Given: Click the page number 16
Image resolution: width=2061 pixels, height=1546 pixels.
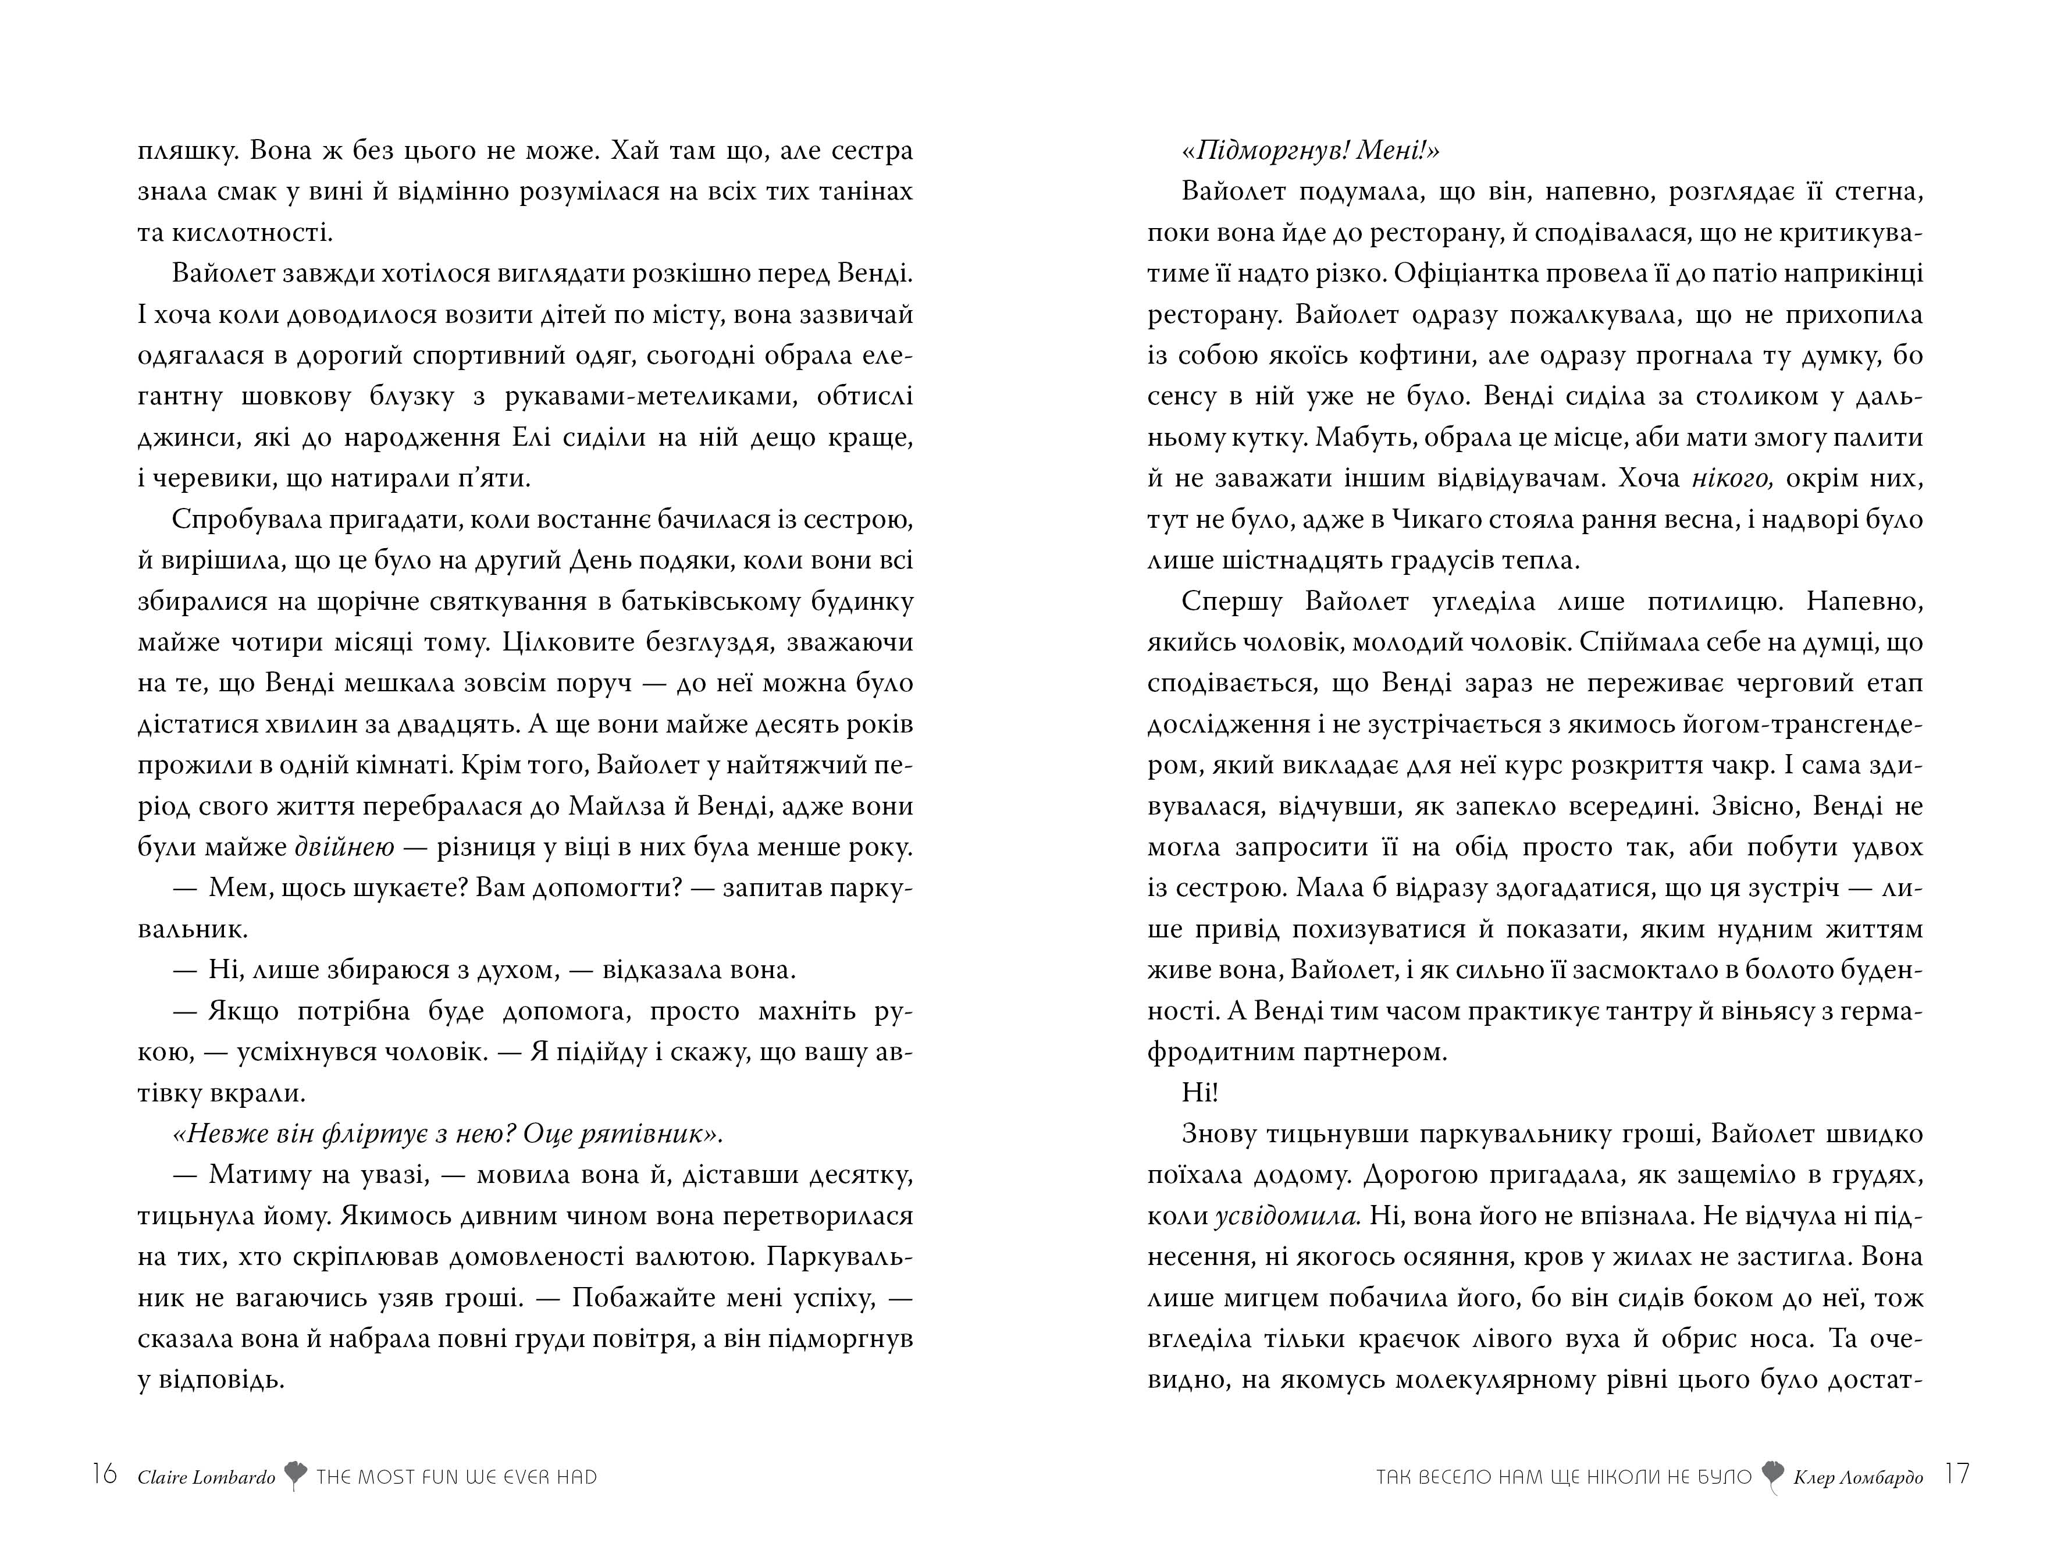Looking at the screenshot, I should pos(104,1474).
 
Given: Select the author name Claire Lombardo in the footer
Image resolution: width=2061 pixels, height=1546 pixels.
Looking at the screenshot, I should pos(206,1477).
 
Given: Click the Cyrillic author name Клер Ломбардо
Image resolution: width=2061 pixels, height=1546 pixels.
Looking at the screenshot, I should pos(1858,1477).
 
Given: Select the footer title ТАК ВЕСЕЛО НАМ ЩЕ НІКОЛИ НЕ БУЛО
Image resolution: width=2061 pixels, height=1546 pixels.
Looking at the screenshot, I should pos(1564,1477).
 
